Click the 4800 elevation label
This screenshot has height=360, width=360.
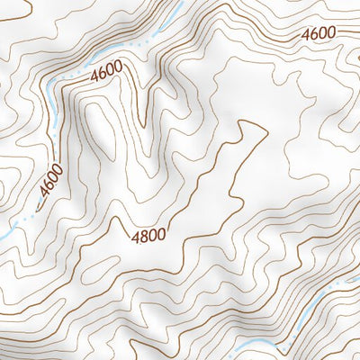pyautogui.click(x=149, y=237)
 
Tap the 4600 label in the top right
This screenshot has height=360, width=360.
pyautogui.click(x=319, y=33)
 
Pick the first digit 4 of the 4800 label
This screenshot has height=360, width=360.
pyautogui.click(x=136, y=237)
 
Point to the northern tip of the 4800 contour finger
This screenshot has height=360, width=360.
pyautogui.click(x=243, y=121)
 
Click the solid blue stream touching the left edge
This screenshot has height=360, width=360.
pyautogui.click(x=4, y=235)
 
